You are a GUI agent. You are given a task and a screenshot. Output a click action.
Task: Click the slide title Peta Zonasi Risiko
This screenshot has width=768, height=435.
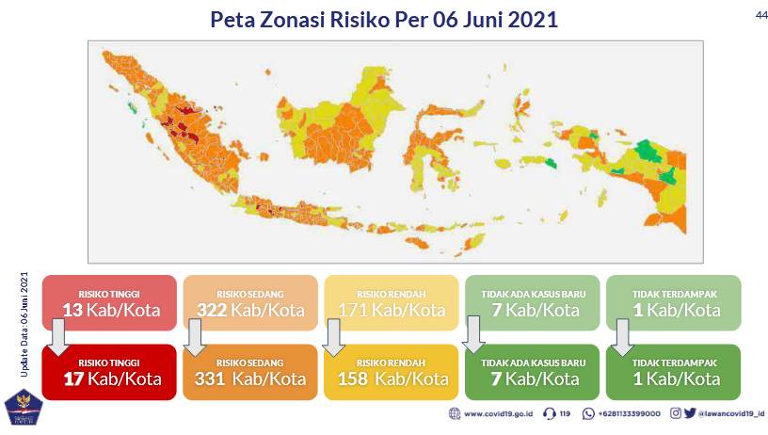point(384,20)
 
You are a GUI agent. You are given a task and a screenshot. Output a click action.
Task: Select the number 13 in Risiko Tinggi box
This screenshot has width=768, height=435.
point(72,310)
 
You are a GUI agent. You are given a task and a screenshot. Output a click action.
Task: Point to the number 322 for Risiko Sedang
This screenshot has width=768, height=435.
point(214,310)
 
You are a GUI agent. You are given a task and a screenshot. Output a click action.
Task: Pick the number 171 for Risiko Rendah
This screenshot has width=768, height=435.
point(354,310)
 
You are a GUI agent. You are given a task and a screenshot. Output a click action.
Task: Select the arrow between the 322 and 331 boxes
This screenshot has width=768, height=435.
point(196,337)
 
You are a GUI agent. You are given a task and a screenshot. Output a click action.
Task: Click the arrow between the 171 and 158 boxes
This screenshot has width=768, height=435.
point(334,337)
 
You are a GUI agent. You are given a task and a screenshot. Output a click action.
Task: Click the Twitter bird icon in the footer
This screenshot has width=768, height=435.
point(689,413)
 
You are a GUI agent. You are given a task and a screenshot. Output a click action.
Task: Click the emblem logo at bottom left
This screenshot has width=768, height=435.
point(24,407)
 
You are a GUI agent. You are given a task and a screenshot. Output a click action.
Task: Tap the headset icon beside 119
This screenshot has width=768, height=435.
point(549,413)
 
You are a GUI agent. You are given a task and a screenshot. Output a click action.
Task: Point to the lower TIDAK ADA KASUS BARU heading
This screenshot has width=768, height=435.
point(534,362)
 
